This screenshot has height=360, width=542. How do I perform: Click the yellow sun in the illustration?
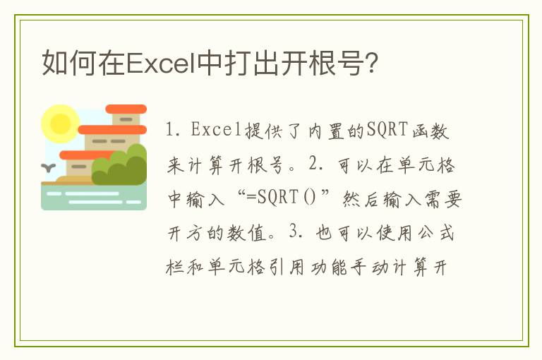(x=60, y=124)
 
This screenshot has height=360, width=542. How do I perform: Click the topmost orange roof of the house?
(x=125, y=109)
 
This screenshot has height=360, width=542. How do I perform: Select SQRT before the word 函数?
(x=393, y=131)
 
